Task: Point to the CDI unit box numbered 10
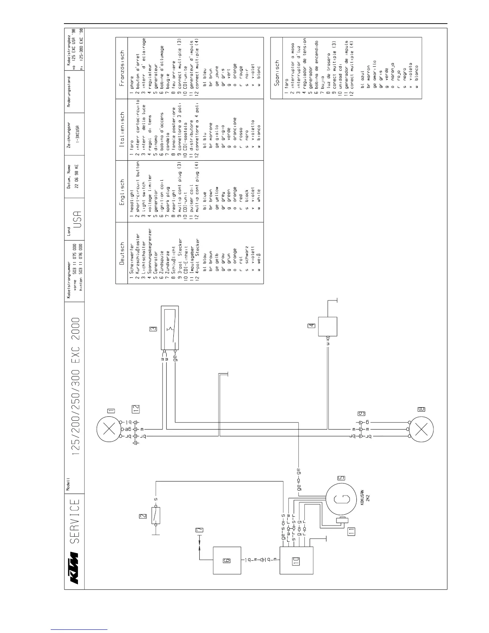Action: click(x=296, y=560)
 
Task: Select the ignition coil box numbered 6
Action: click(x=227, y=560)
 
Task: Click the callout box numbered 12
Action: click(x=136, y=408)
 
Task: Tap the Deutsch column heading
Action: click(x=122, y=253)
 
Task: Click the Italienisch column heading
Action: click(x=122, y=129)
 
